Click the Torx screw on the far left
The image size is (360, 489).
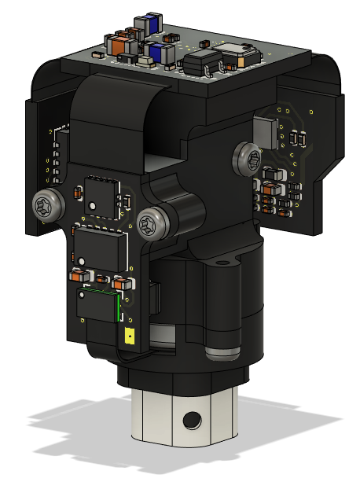tap(46, 207)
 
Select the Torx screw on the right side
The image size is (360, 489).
tap(248, 160)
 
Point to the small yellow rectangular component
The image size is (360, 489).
tap(129, 336)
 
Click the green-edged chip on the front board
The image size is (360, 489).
tap(97, 305)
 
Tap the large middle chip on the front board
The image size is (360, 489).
tap(100, 248)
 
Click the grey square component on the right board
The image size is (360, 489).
tap(266, 131)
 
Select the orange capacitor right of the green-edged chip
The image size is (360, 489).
tap(120, 281)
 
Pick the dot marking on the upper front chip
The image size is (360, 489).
tap(93, 207)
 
